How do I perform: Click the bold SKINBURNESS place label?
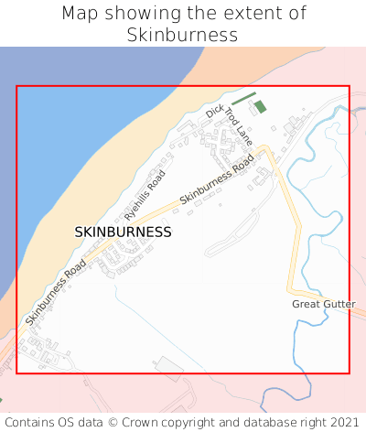pos(123,232)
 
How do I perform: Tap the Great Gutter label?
pos(324,304)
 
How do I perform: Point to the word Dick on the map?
pos(214,112)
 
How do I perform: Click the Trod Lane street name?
pos(239,126)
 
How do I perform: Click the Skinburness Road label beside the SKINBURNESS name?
pos(56,292)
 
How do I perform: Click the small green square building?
pos(260,107)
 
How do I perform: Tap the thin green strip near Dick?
pos(243,99)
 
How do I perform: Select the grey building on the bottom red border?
pos(168,368)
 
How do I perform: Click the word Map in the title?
pos(80,14)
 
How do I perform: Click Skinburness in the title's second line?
pos(183,36)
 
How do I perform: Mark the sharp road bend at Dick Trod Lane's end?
pos(266,147)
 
